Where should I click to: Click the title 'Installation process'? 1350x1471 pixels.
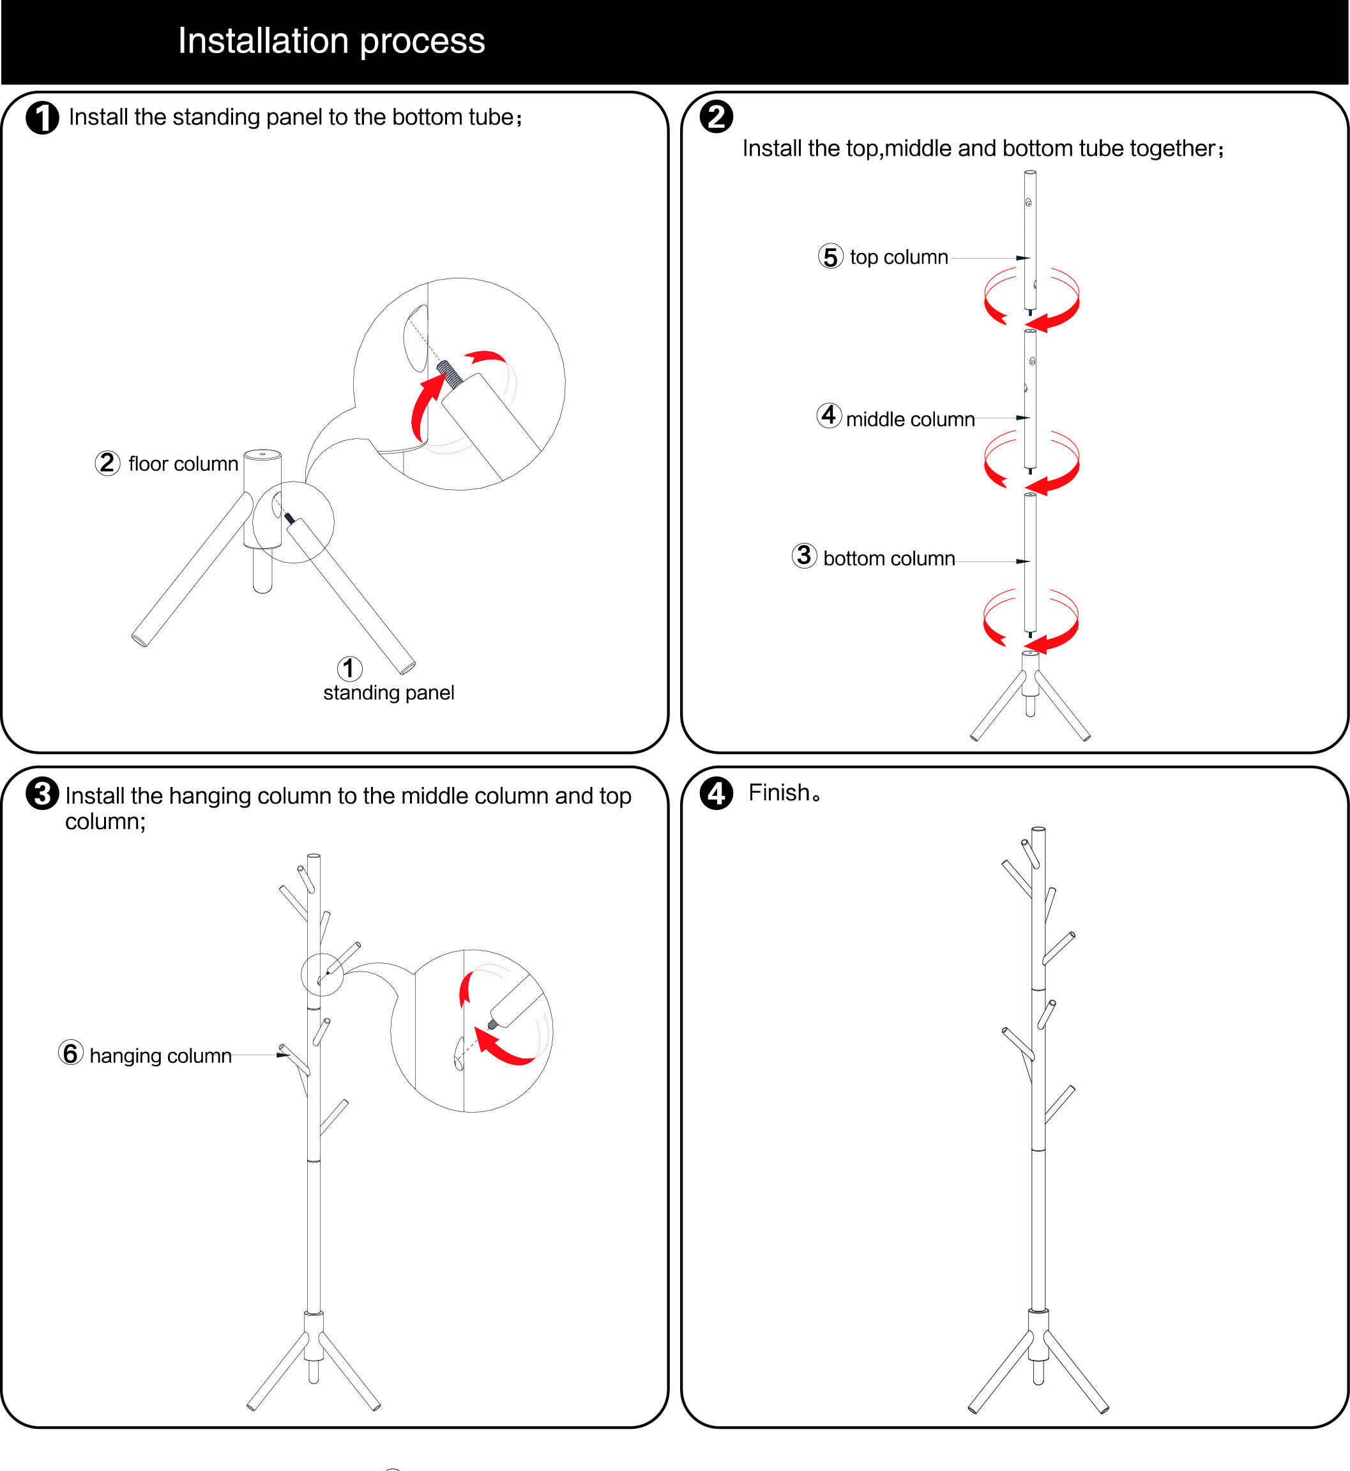(x=331, y=41)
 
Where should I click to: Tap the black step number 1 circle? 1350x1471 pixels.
(x=42, y=118)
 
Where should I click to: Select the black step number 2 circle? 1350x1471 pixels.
(x=716, y=117)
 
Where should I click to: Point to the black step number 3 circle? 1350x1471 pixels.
(x=42, y=793)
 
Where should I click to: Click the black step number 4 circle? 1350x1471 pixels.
(x=716, y=793)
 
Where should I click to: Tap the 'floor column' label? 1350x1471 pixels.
(x=183, y=464)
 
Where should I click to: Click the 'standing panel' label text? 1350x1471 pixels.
(x=389, y=693)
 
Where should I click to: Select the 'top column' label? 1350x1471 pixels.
(x=899, y=257)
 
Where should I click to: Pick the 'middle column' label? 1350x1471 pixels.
(x=910, y=420)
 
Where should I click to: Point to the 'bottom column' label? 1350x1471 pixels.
(x=889, y=558)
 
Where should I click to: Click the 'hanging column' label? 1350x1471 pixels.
(x=161, y=1056)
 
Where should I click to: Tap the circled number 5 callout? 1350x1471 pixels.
(x=831, y=257)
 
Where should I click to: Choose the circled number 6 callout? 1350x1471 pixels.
(x=71, y=1053)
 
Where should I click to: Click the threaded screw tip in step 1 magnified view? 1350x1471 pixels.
(x=450, y=372)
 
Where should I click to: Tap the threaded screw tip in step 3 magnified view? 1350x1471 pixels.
(x=493, y=1025)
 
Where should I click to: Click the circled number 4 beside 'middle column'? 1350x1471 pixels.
(x=828, y=415)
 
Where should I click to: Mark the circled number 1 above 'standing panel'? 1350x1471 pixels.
(x=349, y=668)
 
